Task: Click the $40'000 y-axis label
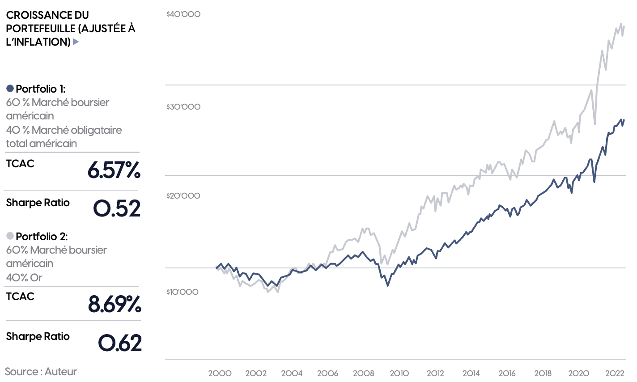(183, 14)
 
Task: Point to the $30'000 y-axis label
(183, 107)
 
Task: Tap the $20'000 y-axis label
(183, 196)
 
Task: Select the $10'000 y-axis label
(183, 292)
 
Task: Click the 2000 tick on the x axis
(220, 374)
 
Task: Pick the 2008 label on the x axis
(363, 374)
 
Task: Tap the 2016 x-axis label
(507, 374)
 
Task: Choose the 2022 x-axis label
(615, 374)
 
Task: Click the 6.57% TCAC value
(114, 170)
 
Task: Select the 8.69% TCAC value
(115, 304)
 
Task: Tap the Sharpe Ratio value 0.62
(119, 343)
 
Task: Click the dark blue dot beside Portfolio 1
(10, 89)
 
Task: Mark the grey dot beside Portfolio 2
(10, 236)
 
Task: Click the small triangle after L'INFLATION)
(76, 42)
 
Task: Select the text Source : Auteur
(41, 372)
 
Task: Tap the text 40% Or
(24, 278)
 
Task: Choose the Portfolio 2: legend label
(42, 237)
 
